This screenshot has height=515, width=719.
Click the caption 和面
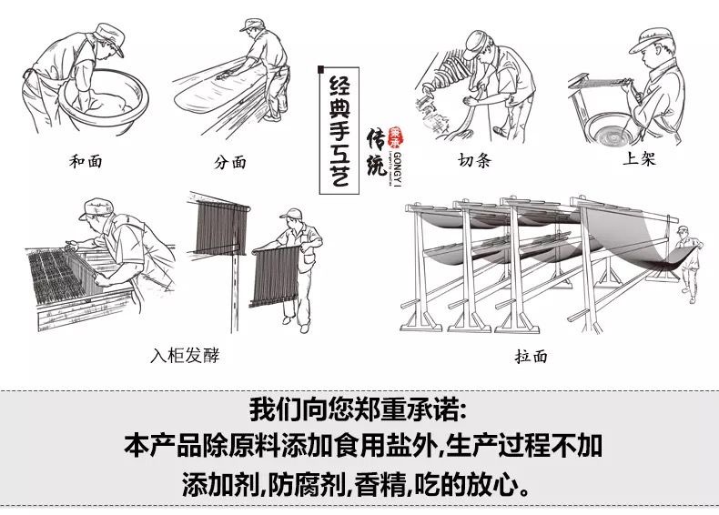tap(86, 162)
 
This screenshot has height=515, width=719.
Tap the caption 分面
tap(230, 163)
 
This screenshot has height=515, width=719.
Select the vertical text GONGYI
tap(398, 169)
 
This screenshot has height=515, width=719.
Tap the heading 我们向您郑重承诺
tap(359, 406)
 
